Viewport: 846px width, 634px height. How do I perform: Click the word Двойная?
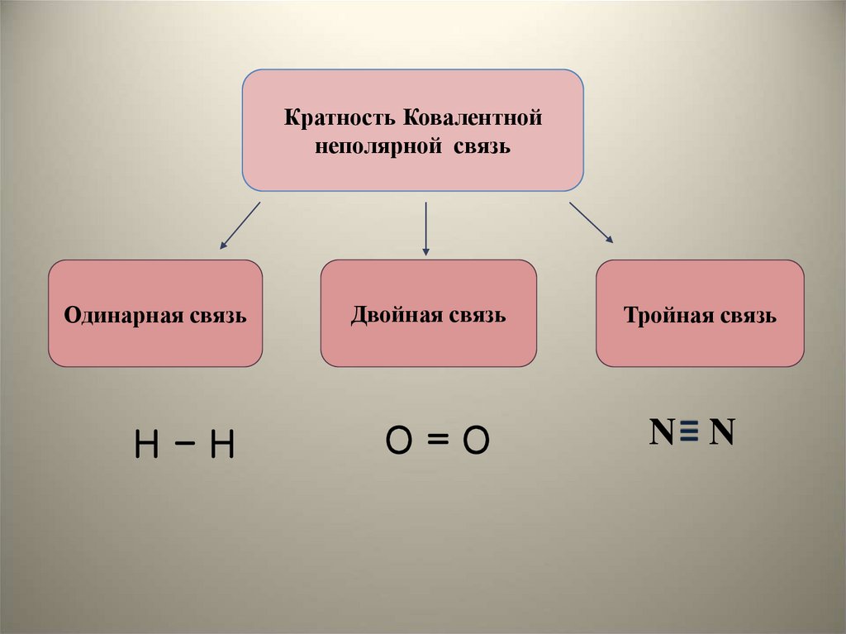point(396,315)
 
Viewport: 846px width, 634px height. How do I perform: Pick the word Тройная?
point(668,316)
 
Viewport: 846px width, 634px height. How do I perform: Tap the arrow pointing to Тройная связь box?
point(591,223)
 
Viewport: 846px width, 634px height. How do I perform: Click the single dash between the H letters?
point(184,446)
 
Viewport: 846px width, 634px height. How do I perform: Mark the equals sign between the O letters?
point(438,442)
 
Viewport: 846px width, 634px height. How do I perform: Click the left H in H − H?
point(146,446)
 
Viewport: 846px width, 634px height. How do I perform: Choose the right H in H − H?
point(221,446)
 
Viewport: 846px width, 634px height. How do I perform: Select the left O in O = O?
point(399,442)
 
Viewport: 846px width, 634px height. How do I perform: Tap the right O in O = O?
point(476,442)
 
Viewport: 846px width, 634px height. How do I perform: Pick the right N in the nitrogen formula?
point(722,432)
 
